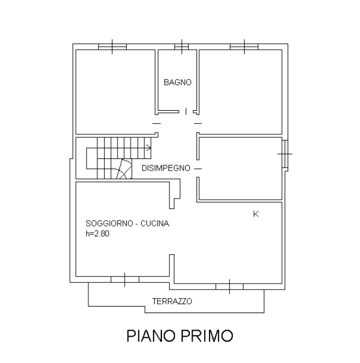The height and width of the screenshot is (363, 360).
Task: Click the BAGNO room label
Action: click(177, 83)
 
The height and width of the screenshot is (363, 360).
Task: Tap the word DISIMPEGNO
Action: click(166, 168)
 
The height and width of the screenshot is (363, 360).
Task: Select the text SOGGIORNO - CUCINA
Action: click(127, 224)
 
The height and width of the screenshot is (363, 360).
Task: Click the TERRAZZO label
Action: click(172, 301)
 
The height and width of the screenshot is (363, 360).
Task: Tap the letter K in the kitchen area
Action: click(256, 214)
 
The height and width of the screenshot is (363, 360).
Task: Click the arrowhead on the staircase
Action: click(149, 147)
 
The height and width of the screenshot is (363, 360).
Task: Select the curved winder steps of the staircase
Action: click(124, 169)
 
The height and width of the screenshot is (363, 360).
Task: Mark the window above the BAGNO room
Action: click(181, 46)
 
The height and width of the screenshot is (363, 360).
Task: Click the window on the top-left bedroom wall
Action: click(113, 46)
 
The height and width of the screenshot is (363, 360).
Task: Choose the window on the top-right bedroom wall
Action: click(244, 46)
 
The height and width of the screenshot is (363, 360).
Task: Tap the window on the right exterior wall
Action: click(285, 154)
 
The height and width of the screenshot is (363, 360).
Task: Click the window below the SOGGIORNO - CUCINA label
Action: click(125, 280)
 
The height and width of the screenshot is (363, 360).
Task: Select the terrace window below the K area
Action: click(229, 286)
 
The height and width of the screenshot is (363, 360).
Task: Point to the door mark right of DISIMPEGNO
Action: click(198, 168)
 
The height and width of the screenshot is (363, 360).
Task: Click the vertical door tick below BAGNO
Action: click(185, 111)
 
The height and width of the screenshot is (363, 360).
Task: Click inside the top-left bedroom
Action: click(113, 90)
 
